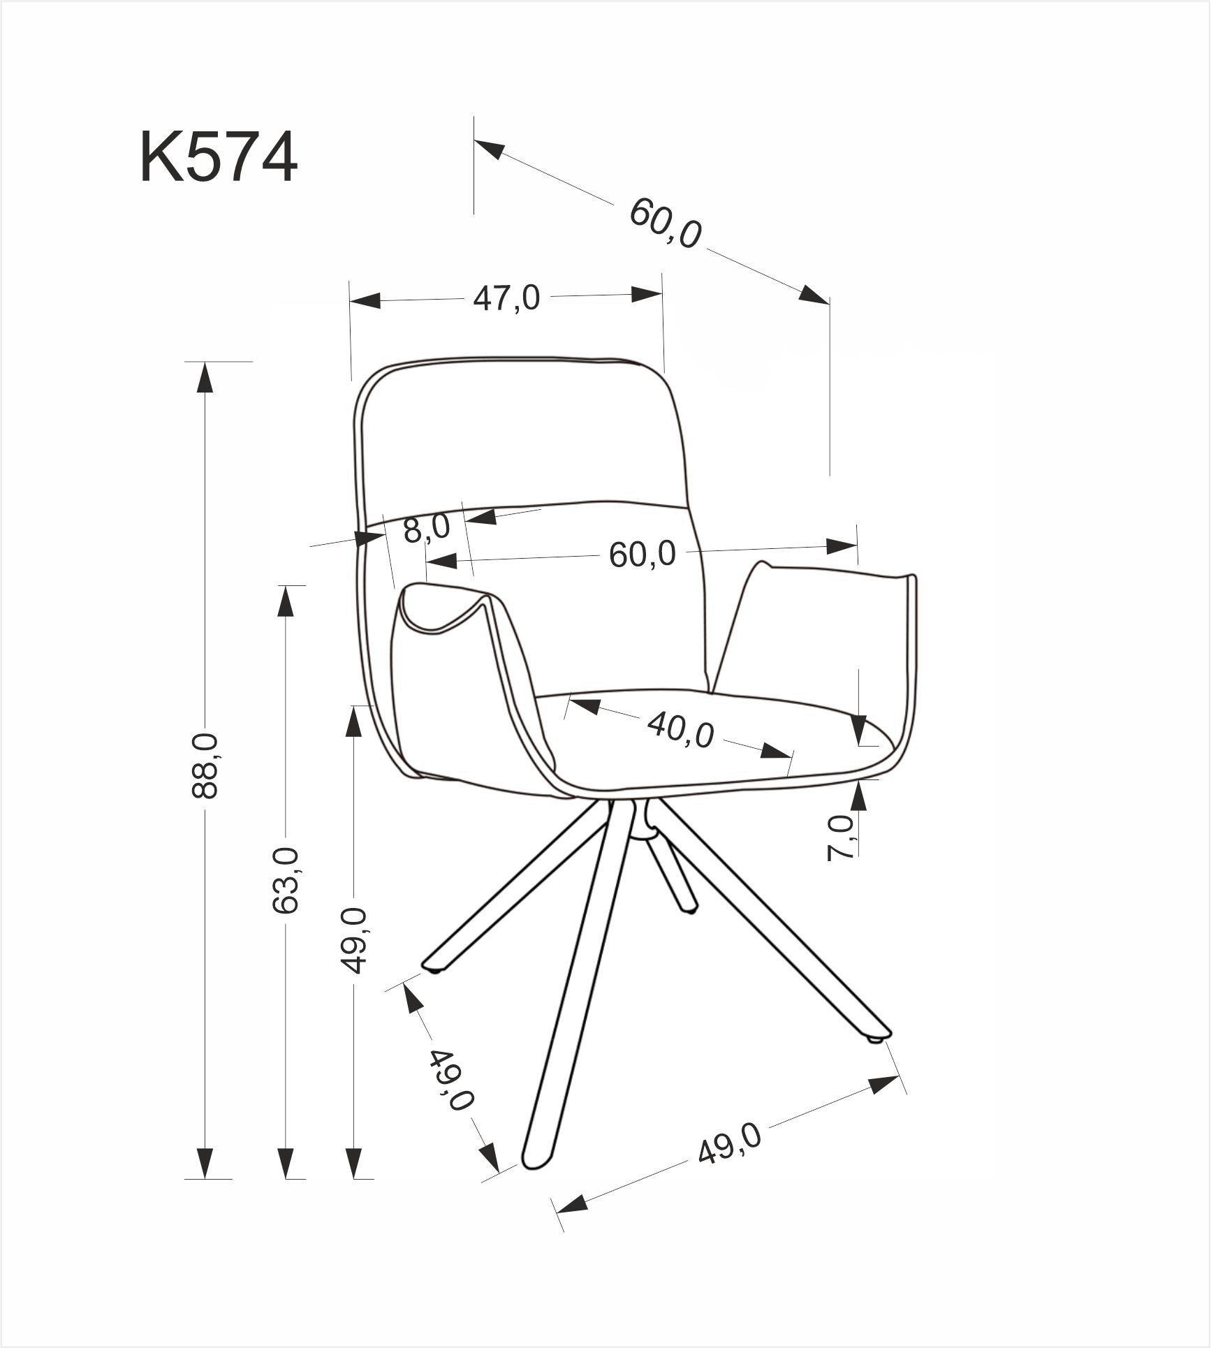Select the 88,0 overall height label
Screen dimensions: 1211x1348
pyautogui.click(x=205, y=765)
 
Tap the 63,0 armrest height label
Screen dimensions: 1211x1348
pyautogui.click(x=286, y=880)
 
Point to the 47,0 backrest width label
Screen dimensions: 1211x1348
pyautogui.click(x=506, y=299)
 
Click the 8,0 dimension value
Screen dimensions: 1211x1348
pyautogui.click(x=427, y=529)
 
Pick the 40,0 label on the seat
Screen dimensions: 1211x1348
pyautogui.click(x=680, y=730)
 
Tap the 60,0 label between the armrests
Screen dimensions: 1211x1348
pyautogui.click(x=643, y=555)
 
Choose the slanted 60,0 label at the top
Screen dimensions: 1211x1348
pyautogui.click(x=665, y=223)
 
